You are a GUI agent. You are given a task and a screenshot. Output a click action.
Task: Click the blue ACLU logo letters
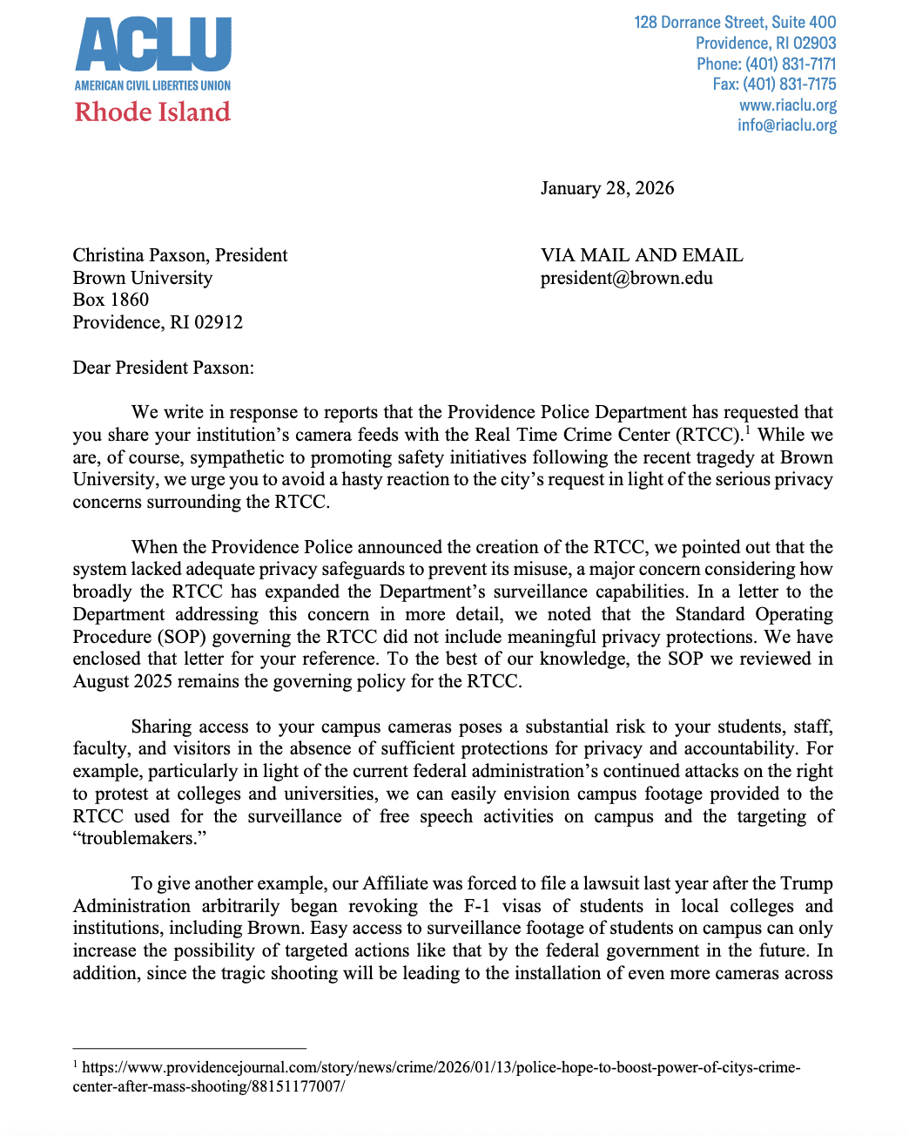153,45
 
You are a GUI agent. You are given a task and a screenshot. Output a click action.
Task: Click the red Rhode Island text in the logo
152,112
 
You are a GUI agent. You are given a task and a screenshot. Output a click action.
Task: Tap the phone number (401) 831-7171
789,64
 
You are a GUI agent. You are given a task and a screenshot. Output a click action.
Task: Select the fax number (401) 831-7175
789,85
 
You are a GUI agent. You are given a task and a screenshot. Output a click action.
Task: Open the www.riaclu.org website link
788,105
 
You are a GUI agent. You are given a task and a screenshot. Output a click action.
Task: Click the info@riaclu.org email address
787,125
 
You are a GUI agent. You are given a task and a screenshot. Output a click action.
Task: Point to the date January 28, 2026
607,189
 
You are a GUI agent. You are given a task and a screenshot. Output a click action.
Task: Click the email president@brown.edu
626,279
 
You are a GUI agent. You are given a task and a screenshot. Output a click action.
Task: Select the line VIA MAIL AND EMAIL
642,255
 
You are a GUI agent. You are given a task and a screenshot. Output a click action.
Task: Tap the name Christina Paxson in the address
140,255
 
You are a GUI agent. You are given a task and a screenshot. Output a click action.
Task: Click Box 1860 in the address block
111,300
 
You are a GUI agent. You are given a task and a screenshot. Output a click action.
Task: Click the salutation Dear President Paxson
163,368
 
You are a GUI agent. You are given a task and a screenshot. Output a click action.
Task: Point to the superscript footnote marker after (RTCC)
747,429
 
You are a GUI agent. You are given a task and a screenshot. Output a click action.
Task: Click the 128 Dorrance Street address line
735,23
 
